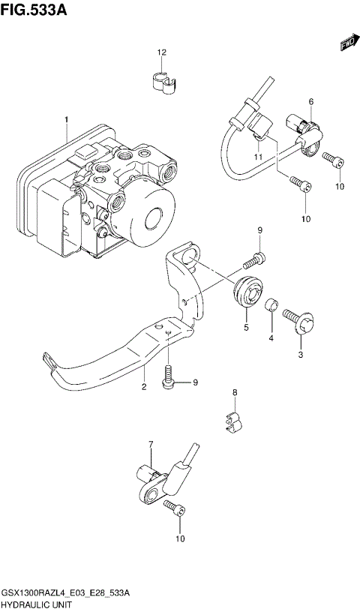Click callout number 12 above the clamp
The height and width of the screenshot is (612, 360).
tap(160, 52)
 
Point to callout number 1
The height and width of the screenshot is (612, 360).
tap(65, 120)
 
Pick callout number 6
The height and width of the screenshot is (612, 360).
tap(310, 101)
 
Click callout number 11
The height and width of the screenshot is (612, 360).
tap(256, 157)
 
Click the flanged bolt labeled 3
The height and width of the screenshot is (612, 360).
tap(298, 324)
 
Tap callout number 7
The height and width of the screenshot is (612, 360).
tap(150, 445)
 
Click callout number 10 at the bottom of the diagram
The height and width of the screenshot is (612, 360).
tap(178, 538)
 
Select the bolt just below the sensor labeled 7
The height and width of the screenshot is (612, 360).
tap(175, 509)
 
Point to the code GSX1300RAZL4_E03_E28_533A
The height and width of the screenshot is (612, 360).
tap(67, 592)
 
